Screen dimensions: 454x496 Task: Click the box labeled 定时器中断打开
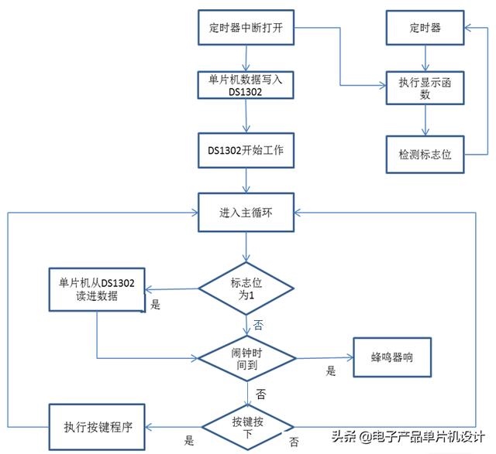click(x=246, y=29)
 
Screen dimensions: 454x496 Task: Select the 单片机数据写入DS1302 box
click(x=246, y=85)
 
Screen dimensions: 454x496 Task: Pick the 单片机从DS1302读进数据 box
click(x=96, y=288)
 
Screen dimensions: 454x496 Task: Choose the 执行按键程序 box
click(x=96, y=427)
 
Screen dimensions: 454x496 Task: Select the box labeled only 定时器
click(x=424, y=29)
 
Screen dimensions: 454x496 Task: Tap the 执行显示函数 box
click(x=424, y=87)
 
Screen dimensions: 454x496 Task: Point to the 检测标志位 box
click(x=424, y=154)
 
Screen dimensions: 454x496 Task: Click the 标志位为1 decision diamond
click(x=246, y=289)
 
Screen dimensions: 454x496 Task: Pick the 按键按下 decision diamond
click(x=246, y=427)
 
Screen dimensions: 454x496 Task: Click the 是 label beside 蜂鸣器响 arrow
click(x=331, y=371)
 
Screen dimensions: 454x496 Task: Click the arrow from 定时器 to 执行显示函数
click(x=424, y=57)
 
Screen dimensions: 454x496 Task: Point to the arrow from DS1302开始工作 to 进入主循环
click(x=246, y=179)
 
